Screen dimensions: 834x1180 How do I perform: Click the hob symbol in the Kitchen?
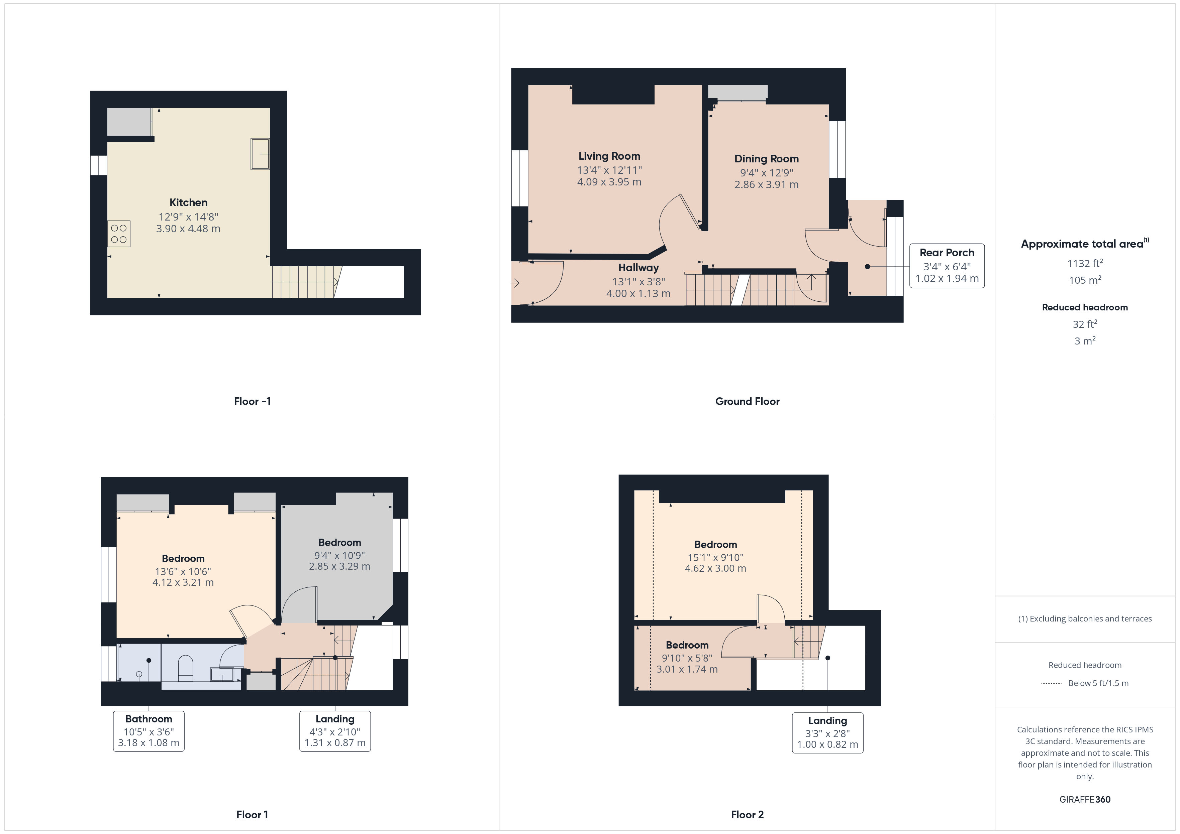click(x=119, y=234)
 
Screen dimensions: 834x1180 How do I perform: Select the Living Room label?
click(x=609, y=156)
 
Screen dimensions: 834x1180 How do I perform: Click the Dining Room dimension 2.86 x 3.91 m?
click(x=766, y=184)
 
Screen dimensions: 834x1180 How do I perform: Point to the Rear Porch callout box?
click(x=947, y=266)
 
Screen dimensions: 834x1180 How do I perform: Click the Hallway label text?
click(x=638, y=268)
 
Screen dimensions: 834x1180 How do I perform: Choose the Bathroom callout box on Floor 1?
click(x=149, y=731)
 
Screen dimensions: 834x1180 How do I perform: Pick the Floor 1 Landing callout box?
click(x=335, y=731)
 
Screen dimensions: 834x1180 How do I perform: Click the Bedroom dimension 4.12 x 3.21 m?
click(x=183, y=582)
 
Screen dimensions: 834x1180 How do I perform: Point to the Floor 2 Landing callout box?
click(x=827, y=733)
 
